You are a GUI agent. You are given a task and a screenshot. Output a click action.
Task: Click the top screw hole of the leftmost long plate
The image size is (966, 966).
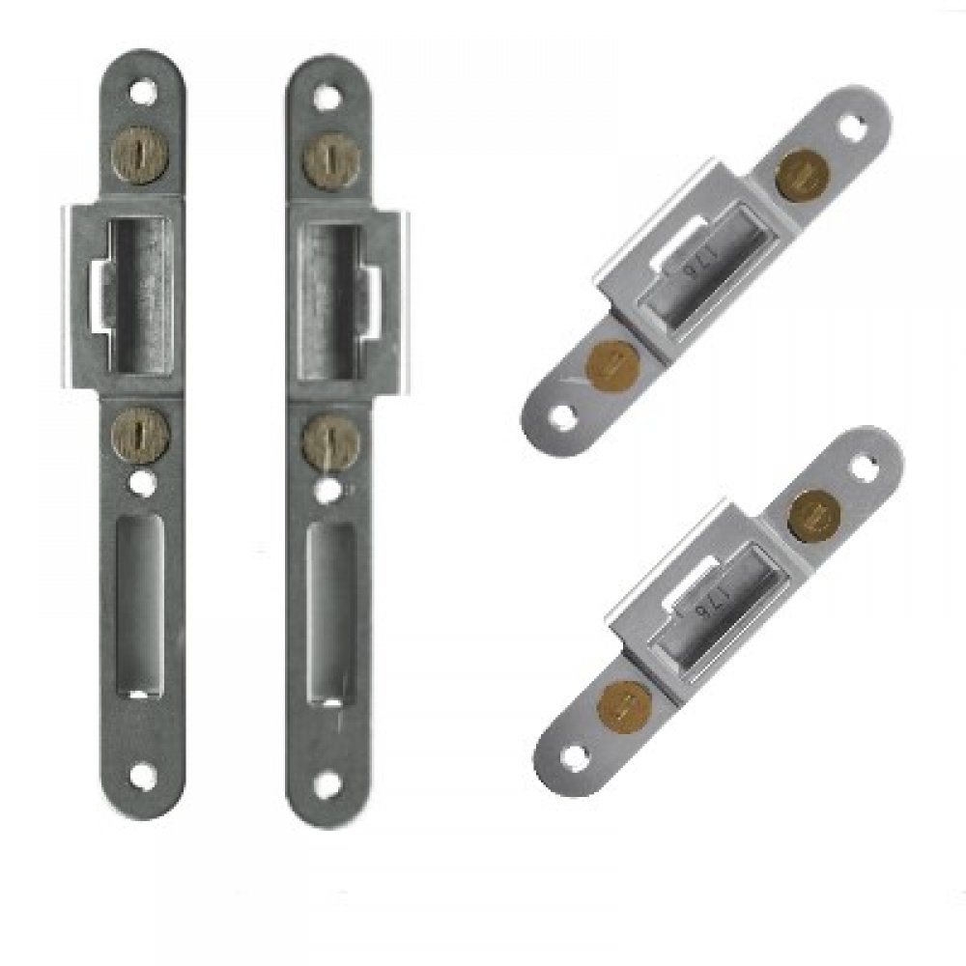point(145,95)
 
